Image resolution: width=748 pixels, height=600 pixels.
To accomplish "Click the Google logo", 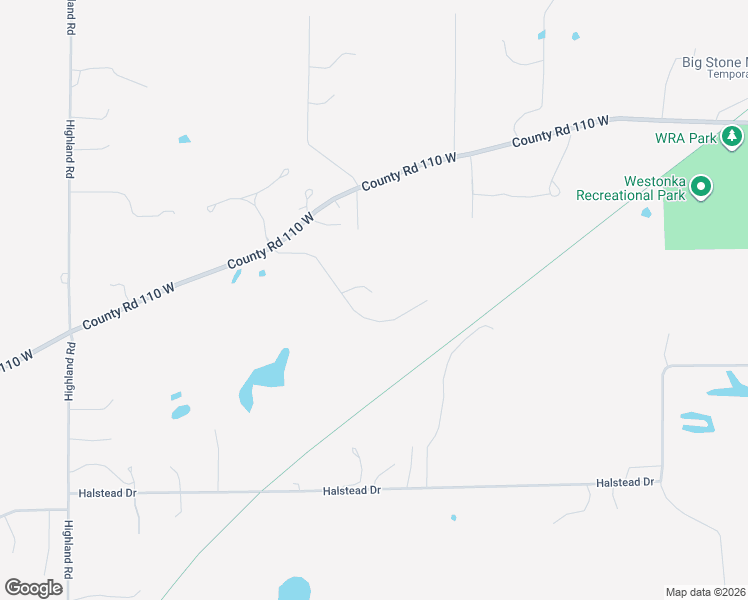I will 34,587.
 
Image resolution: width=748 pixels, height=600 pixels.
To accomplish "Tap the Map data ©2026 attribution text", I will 706,592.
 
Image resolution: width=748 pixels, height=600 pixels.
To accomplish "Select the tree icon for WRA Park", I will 733,136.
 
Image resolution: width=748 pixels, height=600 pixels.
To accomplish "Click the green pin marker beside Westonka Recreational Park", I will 702,187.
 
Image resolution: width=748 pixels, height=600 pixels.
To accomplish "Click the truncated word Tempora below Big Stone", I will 727,74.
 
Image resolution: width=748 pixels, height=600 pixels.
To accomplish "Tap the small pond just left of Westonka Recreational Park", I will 646,211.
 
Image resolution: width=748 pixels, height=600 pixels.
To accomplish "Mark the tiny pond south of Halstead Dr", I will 453,517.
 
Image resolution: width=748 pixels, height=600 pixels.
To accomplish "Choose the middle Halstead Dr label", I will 352,490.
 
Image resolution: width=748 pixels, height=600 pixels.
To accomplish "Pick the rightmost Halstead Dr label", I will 624,482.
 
